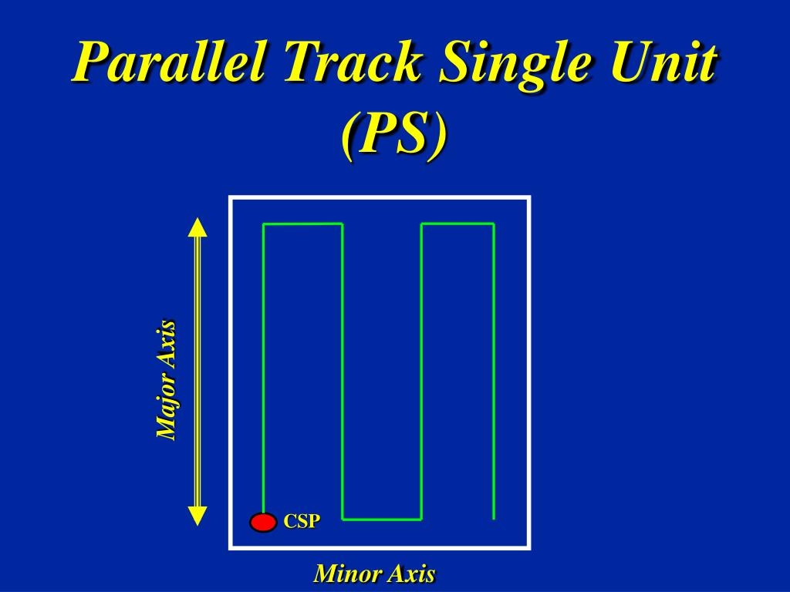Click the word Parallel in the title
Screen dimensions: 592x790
coord(172,63)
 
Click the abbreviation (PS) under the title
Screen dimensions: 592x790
coord(394,134)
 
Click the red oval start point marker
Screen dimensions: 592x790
coord(263,523)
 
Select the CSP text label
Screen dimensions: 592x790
coord(301,522)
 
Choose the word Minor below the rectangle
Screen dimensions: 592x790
coord(348,574)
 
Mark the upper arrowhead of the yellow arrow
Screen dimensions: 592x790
coord(198,227)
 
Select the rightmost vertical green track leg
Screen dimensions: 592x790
coord(494,370)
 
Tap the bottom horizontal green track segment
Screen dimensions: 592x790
coord(382,519)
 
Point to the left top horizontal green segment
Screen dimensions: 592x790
coord(303,224)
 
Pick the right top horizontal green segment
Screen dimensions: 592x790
coord(457,224)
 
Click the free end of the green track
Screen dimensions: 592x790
coord(494,517)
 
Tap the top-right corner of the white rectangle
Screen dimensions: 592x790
coord(529,198)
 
